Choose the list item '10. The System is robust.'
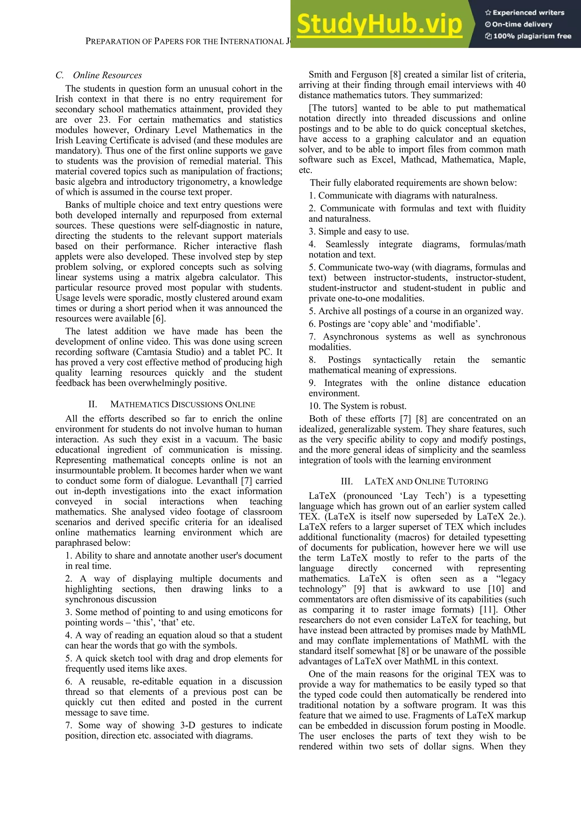coord(358,406)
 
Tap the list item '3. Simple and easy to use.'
coord(359,232)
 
